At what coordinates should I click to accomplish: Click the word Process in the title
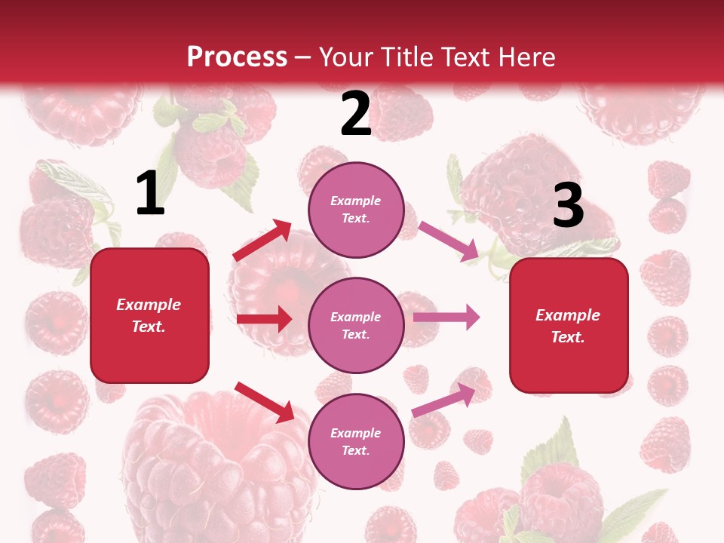[237, 57]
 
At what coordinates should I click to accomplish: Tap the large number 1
[150, 194]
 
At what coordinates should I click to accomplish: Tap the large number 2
[356, 114]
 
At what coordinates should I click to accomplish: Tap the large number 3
[568, 205]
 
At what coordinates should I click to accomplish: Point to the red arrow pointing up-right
[262, 241]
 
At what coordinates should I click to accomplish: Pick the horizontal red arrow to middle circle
[264, 319]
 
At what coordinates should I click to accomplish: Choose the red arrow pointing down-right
[265, 401]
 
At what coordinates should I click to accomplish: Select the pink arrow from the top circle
[449, 241]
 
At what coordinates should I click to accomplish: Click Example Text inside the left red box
[149, 315]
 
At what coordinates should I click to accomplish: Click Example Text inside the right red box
[568, 326]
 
